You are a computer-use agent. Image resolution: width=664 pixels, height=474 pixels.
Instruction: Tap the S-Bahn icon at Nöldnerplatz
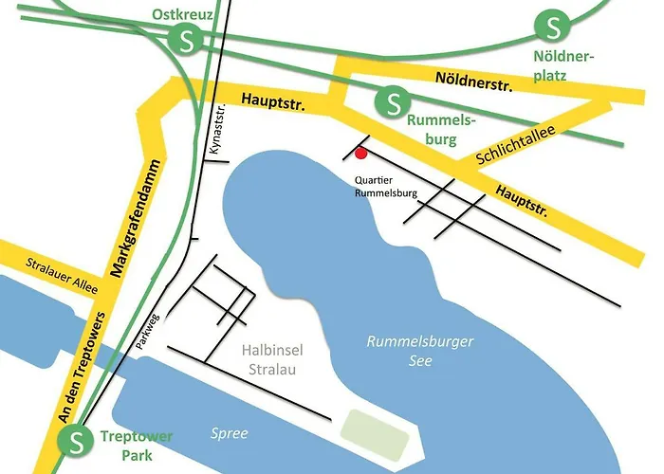[549, 25]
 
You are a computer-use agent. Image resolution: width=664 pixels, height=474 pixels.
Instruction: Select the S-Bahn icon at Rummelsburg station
[392, 100]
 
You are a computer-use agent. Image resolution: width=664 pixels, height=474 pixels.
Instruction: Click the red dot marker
[360, 153]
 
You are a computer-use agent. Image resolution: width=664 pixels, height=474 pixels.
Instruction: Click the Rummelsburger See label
[419, 350]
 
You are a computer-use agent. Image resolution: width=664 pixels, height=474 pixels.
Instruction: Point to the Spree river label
[229, 433]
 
